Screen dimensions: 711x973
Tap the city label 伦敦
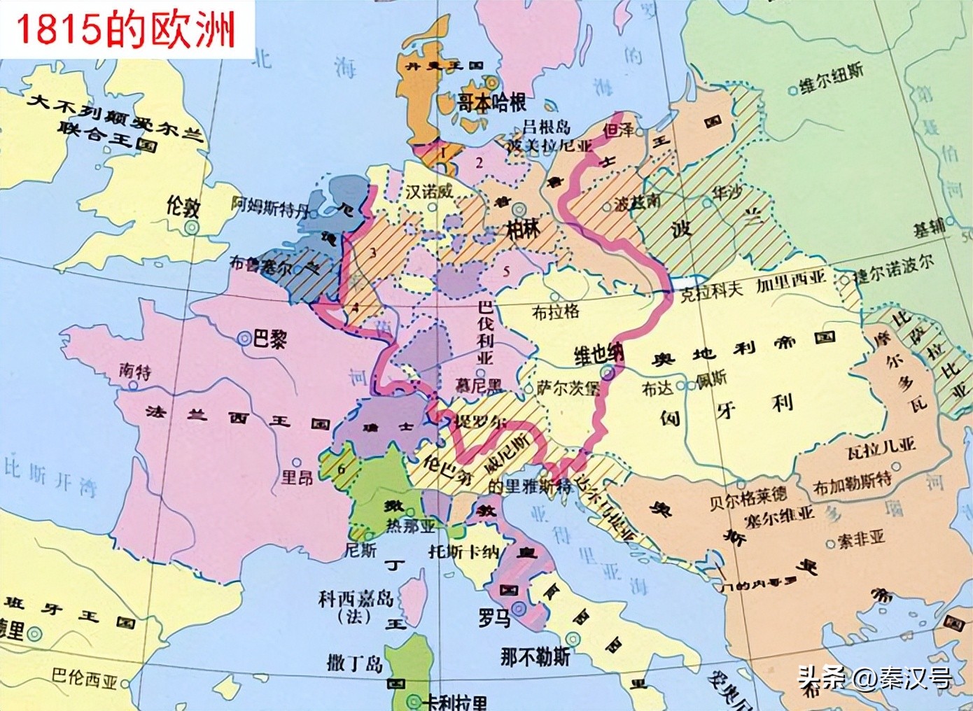point(183,206)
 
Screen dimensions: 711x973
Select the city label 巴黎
point(269,339)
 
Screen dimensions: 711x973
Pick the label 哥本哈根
point(491,104)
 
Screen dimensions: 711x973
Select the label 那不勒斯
point(535,656)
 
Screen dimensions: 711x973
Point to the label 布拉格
point(556,312)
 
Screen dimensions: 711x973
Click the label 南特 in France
point(134,371)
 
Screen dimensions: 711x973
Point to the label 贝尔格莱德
point(748,496)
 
